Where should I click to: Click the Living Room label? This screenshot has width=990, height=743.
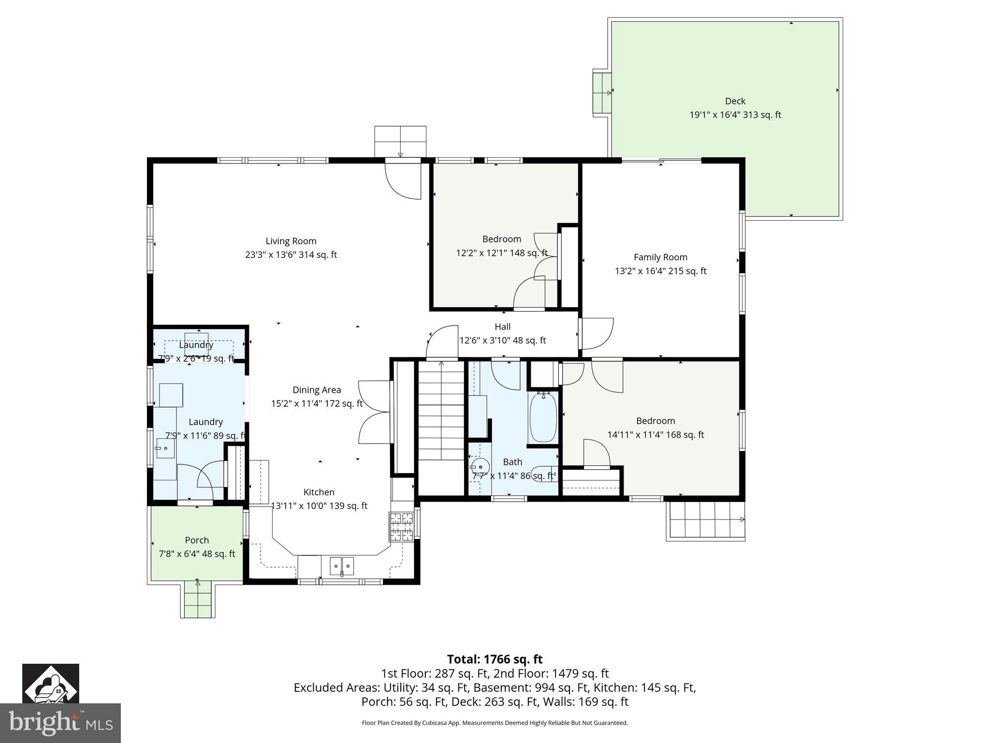click(x=291, y=241)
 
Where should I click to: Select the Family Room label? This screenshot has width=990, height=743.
click(x=660, y=257)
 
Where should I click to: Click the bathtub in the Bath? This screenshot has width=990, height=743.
click(x=543, y=417)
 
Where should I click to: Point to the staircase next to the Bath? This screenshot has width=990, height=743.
click(x=441, y=411)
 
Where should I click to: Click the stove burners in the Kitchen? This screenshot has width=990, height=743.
click(x=401, y=526)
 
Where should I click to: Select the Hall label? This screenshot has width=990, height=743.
click(x=502, y=327)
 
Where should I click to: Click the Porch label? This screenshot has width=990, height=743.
click(x=197, y=540)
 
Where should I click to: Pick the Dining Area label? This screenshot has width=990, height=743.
click(x=317, y=390)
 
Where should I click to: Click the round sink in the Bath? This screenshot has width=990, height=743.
click(x=480, y=467)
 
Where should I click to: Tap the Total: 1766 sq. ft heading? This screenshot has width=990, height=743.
click(x=495, y=659)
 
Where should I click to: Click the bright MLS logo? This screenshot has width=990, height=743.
click(x=60, y=723)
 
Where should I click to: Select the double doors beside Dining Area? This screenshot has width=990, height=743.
click(x=374, y=412)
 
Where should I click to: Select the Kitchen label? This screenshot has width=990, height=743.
click(x=319, y=492)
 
